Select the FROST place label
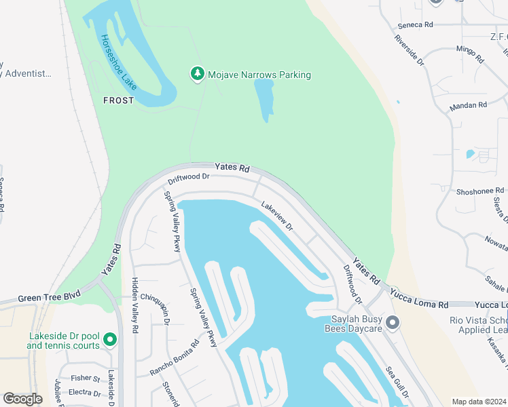[118, 100]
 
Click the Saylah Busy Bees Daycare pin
[392, 322]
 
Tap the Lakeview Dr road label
[276, 216]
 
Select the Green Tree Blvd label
[49, 296]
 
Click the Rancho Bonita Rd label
[175, 357]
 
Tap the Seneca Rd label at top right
[415, 24]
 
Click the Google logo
[23, 398]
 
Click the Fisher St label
[86, 378]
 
